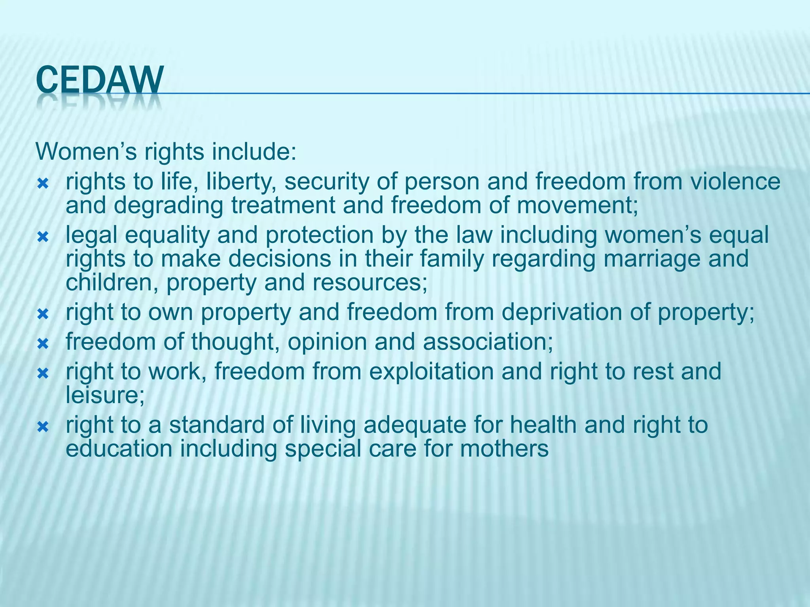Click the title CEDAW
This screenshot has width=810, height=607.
[x=100, y=81]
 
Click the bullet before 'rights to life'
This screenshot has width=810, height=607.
[x=42, y=183]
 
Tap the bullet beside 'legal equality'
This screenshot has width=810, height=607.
[x=42, y=237]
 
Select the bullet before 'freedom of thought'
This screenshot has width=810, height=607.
[x=42, y=344]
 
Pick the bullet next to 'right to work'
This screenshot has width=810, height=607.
[x=42, y=373]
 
